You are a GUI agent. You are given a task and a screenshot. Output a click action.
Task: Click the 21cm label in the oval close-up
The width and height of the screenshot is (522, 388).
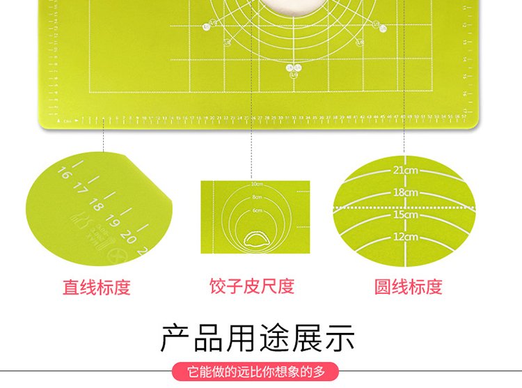point(404,169)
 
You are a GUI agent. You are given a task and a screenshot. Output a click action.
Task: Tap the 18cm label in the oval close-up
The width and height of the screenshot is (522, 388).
point(404,192)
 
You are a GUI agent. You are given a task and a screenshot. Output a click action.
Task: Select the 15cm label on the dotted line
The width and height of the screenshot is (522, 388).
point(404,215)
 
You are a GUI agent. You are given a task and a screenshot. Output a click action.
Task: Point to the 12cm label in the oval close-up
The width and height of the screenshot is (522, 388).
point(404,237)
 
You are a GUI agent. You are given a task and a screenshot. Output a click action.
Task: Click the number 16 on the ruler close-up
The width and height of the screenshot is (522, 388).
point(65,172)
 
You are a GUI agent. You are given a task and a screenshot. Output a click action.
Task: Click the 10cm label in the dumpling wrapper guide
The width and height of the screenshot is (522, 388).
point(257,184)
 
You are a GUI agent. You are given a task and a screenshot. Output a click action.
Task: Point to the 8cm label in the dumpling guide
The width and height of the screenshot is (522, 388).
point(257,198)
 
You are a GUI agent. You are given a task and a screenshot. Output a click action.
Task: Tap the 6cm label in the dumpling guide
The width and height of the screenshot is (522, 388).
point(257,210)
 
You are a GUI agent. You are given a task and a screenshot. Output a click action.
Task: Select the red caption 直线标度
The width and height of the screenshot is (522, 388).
point(97,287)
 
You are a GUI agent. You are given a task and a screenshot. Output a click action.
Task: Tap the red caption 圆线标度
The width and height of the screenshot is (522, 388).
point(408,286)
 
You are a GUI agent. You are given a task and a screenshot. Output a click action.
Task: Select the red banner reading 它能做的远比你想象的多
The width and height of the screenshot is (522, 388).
point(258,371)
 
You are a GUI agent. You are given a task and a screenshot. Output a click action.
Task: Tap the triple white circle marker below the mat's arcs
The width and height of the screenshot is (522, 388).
point(293,68)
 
